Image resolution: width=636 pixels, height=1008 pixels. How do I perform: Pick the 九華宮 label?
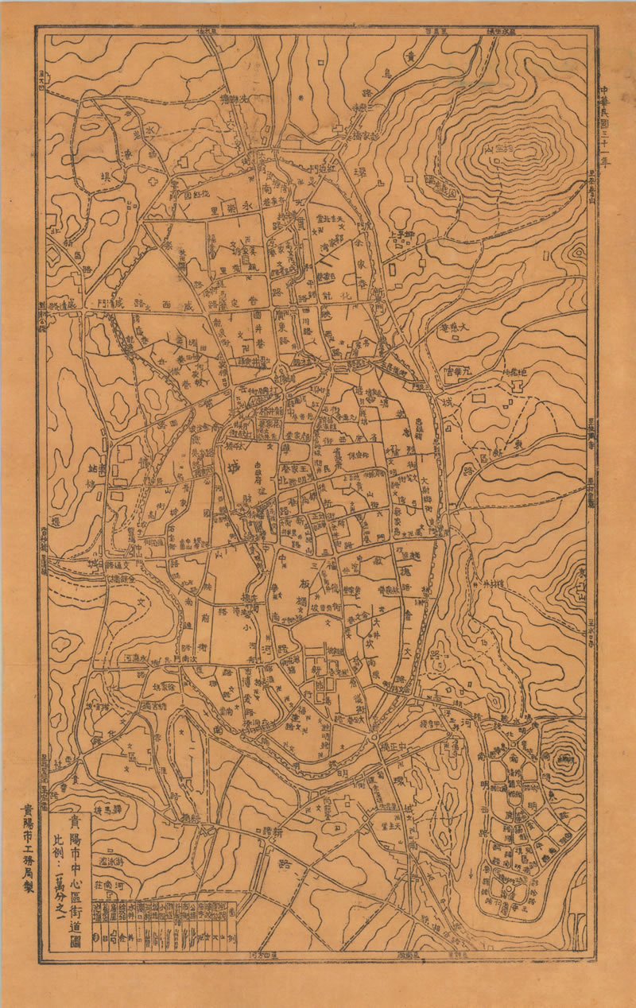[460, 370]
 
